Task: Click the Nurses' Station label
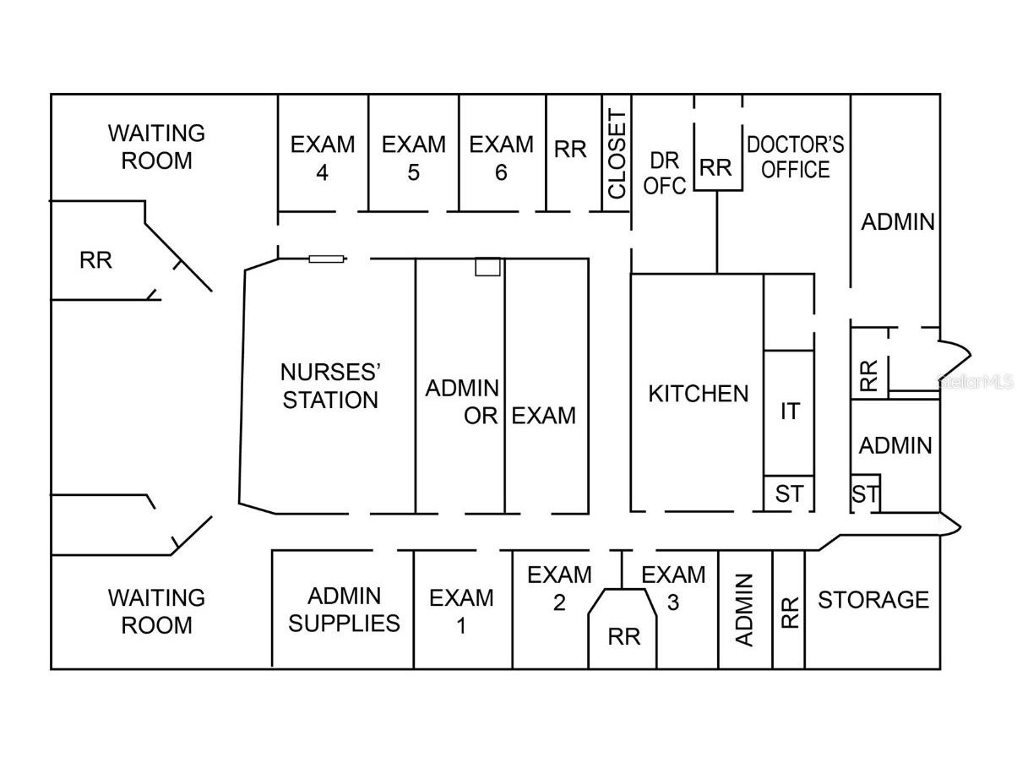pos(329,386)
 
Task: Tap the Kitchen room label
pos(698,394)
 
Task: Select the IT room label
pos(789,412)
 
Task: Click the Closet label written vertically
pos(617,154)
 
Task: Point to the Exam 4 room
pos(323,158)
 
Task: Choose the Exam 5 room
pos(413,158)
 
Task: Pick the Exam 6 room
pos(502,158)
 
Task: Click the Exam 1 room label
pos(461,611)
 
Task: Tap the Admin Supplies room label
pos(344,609)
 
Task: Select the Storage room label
pos(873,600)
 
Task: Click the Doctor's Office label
pos(795,157)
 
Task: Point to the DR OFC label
pos(665,173)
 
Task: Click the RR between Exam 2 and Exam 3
pos(624,636)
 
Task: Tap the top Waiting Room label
pos(156,146)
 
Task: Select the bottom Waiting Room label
pos(156,611)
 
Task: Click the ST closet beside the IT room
pos(789,493)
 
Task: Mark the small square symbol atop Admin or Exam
pos(487,266)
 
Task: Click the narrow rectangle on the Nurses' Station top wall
pos(326,259)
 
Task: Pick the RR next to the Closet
pos(570,150)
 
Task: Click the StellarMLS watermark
pos(976,382)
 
